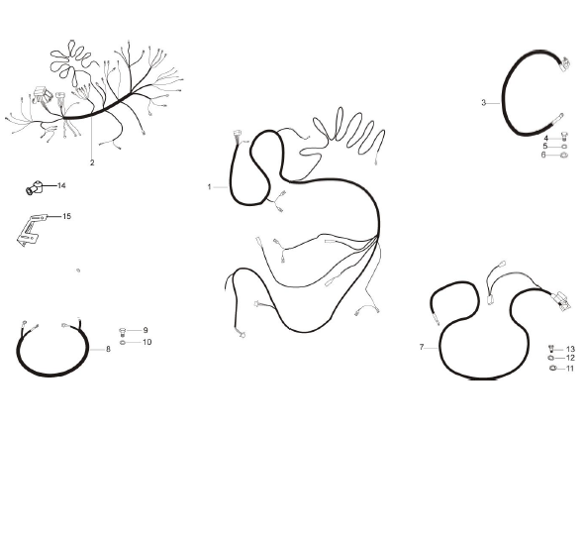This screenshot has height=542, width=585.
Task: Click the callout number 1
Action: click(209, 186)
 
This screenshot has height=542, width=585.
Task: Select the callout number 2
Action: click(92, 163)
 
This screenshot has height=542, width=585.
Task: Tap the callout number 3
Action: click(484, 103)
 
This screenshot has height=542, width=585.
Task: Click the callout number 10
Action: click(147, 342)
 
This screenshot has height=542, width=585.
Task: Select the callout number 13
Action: click(570, 349)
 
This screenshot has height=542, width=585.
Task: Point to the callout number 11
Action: click(570, 369)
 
